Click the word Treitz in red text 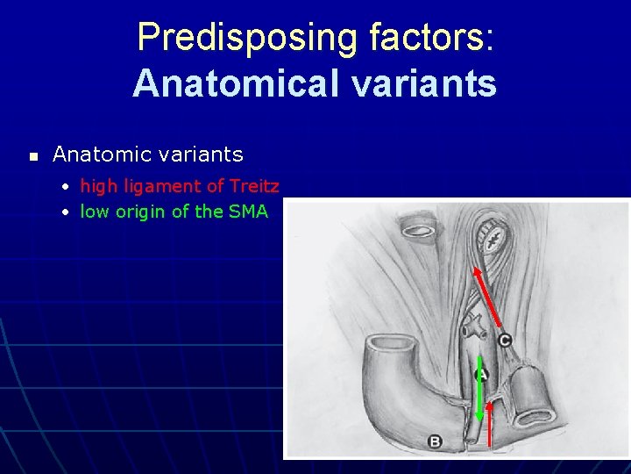click(x=254, y=186)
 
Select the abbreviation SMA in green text click(x=248, y=212)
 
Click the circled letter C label click(x=505, y=340)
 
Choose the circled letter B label click(x=436, y=442)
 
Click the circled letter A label click(x=480, y=375)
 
